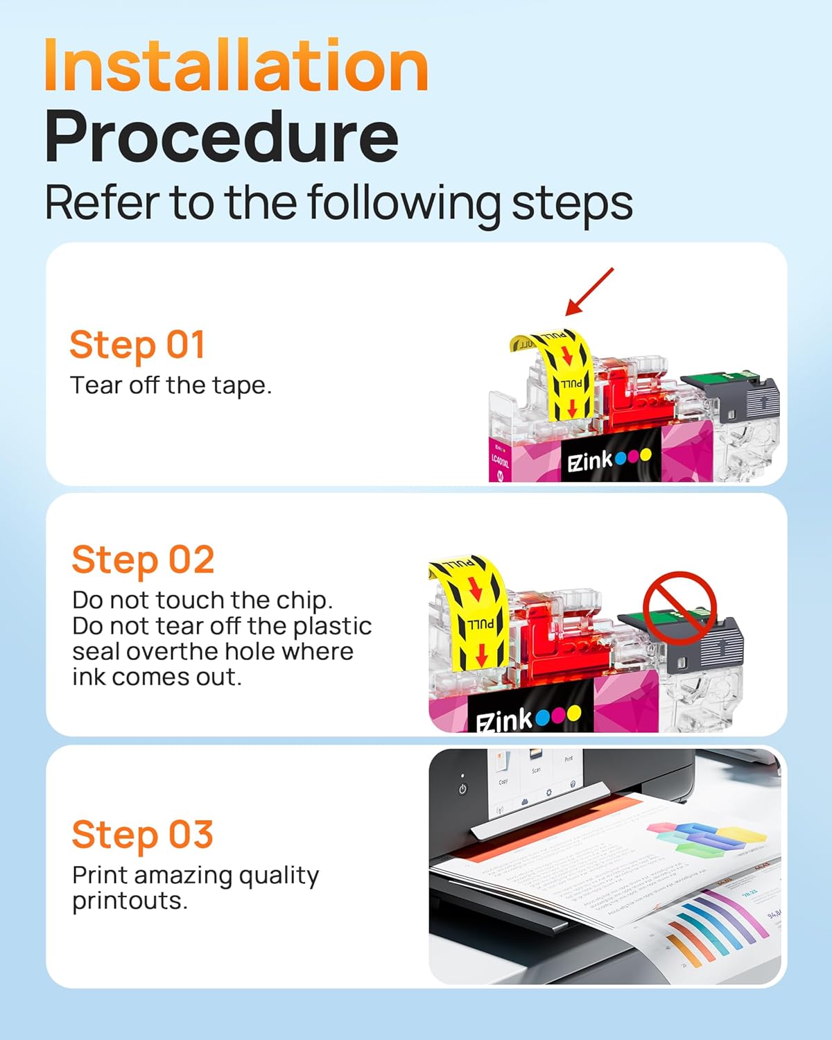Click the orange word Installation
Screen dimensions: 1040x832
click(x=236, y=66)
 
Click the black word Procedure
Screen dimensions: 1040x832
click(x=221, y=137)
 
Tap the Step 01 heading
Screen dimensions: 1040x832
click(x=137, y=345)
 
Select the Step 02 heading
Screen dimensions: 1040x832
click(x=143, y=560)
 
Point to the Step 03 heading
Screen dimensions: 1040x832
click(x=142, y=834)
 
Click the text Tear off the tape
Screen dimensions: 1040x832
click(x=171, y=385)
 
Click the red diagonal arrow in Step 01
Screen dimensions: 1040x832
click(x=589, y=292)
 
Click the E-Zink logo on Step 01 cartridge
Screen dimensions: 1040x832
click(x=609, y=460)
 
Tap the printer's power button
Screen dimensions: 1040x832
click(x=462, y=789)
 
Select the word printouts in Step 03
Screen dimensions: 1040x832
click(x=130, y=901)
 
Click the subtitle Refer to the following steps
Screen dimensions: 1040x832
click(x=338, y=203)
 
